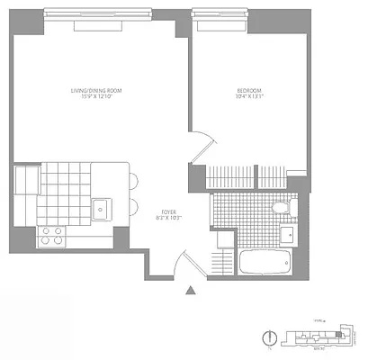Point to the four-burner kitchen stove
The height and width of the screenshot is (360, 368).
[52, 237]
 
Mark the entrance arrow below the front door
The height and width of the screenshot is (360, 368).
[190, 290]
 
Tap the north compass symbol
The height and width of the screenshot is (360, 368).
[268, 338]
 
